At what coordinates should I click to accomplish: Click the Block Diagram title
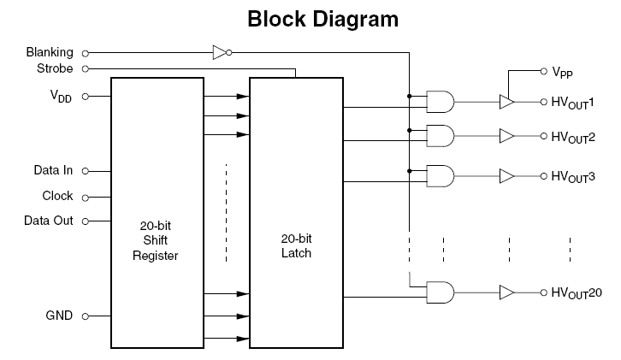[x=322, y=19]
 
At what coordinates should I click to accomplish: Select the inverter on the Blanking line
[x=221, y=53]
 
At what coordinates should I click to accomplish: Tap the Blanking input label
[x=50, y=53]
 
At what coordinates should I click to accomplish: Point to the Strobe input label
[x=55, y=68]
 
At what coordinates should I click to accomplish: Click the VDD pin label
[x=61, y=97]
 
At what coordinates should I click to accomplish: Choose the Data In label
[x=53, y=170]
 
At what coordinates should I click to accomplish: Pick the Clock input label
[x=57, y=196]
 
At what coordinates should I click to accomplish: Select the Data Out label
[x=49, y=221]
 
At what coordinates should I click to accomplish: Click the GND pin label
[x=59, y=316]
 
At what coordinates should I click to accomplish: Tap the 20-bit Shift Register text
[x=155, y=241]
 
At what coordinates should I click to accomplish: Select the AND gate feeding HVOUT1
[x=441, y=103]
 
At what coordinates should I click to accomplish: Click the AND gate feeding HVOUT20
[x=441, y=292]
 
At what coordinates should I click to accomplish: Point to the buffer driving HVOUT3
[x=507, y=176]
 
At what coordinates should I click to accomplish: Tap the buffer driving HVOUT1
[x=507, y=103]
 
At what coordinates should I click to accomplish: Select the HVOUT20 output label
[x=577, y=293]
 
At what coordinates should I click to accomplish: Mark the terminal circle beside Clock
[x=85, y=196]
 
